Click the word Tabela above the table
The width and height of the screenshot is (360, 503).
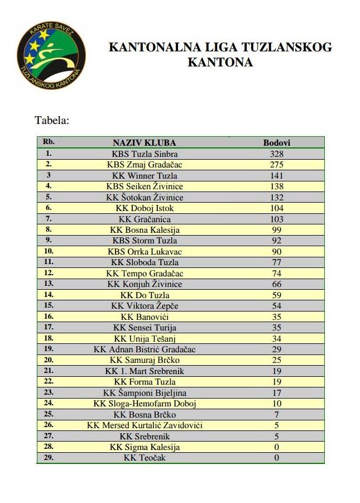52,120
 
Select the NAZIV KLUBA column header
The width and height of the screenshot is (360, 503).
145,143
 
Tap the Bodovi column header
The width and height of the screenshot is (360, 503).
276,143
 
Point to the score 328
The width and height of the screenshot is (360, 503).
276,154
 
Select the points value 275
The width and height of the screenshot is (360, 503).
276,165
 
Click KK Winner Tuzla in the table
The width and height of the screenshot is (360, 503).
145,176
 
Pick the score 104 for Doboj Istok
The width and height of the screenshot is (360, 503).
276,208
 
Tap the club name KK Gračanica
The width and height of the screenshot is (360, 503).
145,219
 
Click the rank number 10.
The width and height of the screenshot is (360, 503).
49,252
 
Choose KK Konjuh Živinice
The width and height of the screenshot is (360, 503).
145,284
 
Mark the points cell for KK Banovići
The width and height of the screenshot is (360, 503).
276,317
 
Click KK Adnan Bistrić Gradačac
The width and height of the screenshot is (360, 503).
145,349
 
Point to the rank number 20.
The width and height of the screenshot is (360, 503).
49,360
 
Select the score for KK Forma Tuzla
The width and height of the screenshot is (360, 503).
276,382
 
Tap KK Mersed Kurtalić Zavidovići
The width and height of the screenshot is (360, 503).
145,425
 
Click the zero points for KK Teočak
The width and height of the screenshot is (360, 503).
276,458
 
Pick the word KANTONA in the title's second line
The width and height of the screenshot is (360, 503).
220,62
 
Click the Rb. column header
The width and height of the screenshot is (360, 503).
49,142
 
